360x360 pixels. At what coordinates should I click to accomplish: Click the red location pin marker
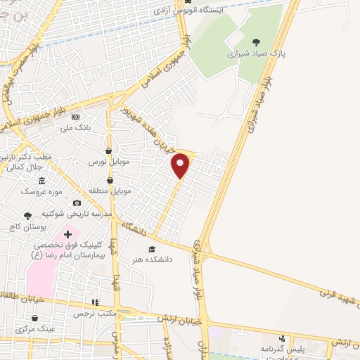181,166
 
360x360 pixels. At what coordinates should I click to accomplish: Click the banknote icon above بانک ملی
75,117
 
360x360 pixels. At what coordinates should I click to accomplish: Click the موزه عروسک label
39,191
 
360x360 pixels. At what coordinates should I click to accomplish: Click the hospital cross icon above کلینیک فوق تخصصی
67,234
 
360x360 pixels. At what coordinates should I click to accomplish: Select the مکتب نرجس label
94,312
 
